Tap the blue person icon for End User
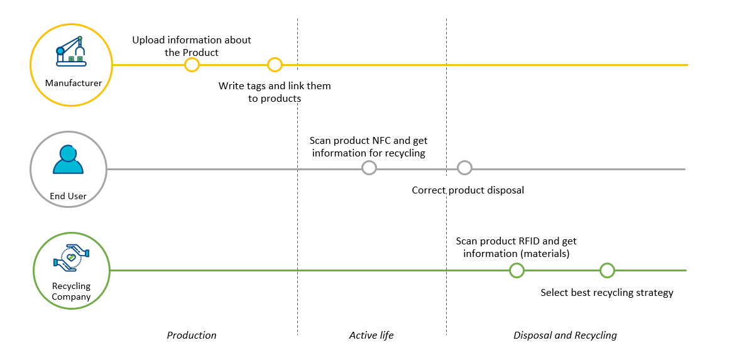[68, 160]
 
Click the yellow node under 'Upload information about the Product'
[192, 65]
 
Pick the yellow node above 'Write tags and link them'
[275, 65]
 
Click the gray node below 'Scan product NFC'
[369, 168]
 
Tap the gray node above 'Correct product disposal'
[465, 168]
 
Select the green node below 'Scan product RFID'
[517, 270]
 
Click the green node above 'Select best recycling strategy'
[608, 270]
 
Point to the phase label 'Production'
[192, 335]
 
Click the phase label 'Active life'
[371, 335]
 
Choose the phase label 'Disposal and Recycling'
[565, 335]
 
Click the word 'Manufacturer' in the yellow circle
[74, 84]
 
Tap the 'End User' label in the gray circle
[68, 196]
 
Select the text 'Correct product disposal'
[468, 190]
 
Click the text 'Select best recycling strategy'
[607, 293]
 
